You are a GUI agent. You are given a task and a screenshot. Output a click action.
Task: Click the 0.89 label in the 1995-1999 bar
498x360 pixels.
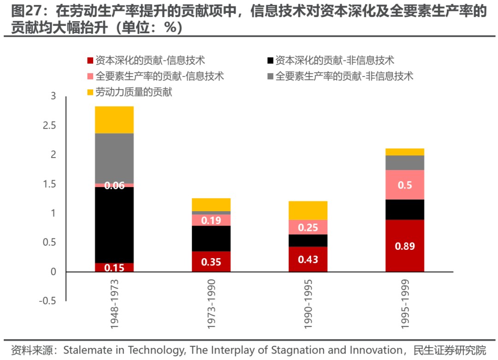tap(405, 246)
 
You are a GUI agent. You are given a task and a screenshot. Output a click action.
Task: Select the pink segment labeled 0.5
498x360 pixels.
tap(405, 185)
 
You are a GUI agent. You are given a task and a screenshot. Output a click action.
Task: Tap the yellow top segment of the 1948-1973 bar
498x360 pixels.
tap(114, 120)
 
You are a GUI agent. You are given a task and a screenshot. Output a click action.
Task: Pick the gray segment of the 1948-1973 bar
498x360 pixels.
tap(114, 158)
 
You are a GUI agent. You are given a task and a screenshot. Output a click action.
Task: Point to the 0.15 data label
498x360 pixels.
tap(114, 267)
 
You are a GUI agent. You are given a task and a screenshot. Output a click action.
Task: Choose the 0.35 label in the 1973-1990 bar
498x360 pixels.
tap(211, 262)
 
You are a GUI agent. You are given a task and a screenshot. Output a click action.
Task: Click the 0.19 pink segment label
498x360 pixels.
tap(211, 220)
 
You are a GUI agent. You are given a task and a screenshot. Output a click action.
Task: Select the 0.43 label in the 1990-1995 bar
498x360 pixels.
tap(308, 260)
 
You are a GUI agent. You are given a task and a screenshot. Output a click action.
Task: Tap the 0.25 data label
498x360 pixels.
tap(308, 227)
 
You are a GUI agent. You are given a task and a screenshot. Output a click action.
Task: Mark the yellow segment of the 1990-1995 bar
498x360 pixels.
tap(308, 210)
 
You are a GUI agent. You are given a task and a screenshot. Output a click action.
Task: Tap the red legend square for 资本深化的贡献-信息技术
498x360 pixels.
tap(90, 60)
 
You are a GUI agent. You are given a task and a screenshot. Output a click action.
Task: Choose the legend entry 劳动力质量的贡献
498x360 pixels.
tap(134, 93)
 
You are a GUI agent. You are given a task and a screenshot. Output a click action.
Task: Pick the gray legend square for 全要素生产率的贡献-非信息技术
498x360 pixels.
tap(270, 77)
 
